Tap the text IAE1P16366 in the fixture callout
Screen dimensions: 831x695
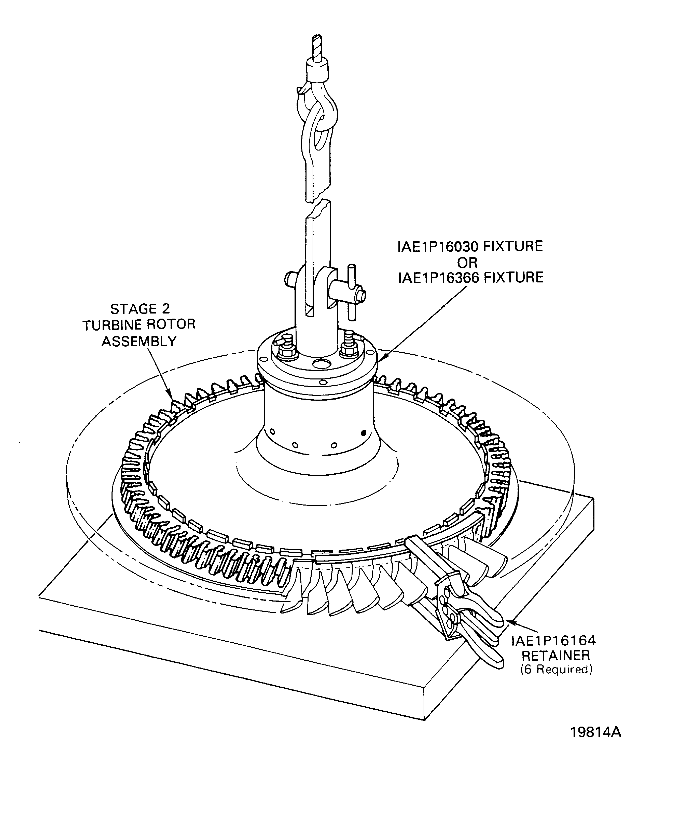437,277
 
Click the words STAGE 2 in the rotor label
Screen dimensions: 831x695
140,309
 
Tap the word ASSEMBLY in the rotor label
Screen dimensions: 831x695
139,341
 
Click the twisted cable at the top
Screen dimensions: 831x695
317,47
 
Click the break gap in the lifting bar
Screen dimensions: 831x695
318,201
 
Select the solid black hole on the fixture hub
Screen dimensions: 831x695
364,433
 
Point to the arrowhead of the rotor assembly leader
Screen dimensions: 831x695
171,397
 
